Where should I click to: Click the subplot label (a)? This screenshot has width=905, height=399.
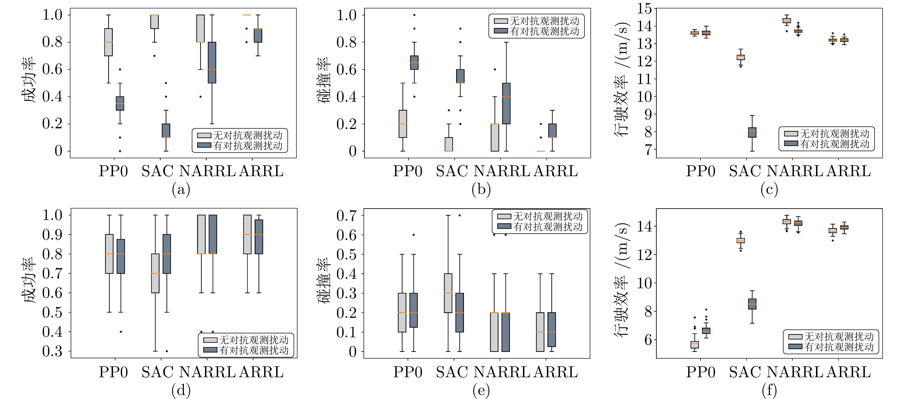(x=181, y=190)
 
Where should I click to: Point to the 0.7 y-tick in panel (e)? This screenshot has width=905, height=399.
(x=346, y=216)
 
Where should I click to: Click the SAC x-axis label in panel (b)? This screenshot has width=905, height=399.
(x=452, y=171)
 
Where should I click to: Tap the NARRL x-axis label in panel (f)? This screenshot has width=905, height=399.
(x=795, y=372)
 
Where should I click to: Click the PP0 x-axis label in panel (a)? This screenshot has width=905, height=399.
(x=113, y=171)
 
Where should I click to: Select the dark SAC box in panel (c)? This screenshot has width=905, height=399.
(x=752, y=132)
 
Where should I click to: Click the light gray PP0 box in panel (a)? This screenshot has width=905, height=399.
(x=108, y=42)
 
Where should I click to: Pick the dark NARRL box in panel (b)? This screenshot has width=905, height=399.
(x=506, y=104)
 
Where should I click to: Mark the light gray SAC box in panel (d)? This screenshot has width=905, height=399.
(x=155, y=273)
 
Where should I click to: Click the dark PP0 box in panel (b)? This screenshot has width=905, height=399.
(x=415, y=62)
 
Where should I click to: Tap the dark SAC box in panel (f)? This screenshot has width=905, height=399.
(x=752, y=304)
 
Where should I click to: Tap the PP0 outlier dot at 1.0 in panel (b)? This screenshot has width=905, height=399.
(x=414, y=15)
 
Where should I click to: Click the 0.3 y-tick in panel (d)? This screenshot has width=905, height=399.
(x=52, y=351)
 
